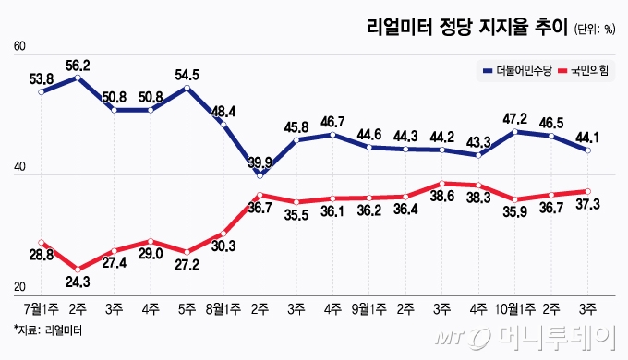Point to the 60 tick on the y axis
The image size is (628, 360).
(x=20, y=48)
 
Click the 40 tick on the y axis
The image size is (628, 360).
(x=20, y=168)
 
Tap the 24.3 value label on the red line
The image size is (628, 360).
(x=78, y=282)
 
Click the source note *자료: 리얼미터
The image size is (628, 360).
(x=42, y=330)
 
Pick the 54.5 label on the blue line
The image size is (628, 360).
(x=187, y=75)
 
